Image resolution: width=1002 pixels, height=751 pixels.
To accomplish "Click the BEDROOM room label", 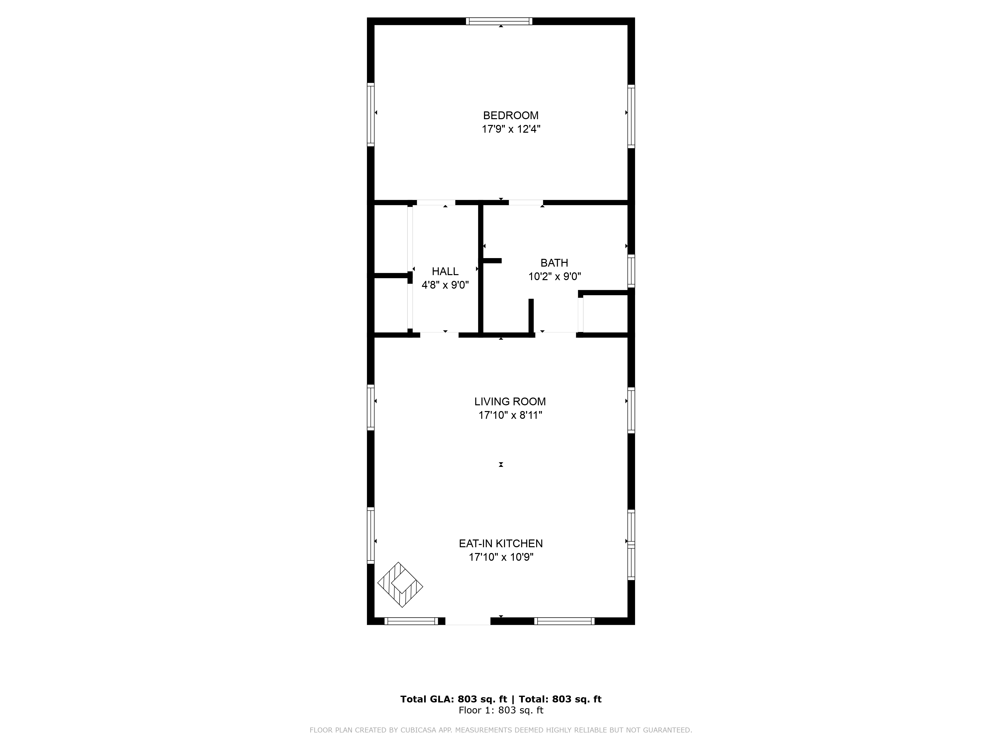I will pos(511,115).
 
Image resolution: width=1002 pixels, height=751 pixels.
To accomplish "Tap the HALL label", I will pos(445,271).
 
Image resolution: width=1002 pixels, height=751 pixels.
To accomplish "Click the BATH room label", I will pos(554,263).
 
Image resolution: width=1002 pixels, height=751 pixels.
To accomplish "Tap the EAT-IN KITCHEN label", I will pos(500,543).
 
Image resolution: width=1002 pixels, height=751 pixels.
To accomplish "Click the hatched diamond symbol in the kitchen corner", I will pos(400,585).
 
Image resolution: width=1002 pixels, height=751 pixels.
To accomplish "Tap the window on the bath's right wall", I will pos(631,271).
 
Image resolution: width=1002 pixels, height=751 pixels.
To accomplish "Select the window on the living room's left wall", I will pos(370,407).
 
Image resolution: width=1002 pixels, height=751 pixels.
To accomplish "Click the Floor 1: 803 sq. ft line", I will pos(500,710).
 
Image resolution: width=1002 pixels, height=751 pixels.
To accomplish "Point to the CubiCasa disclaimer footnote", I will pos(500,730).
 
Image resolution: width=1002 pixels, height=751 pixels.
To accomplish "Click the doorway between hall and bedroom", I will pos(436,202).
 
